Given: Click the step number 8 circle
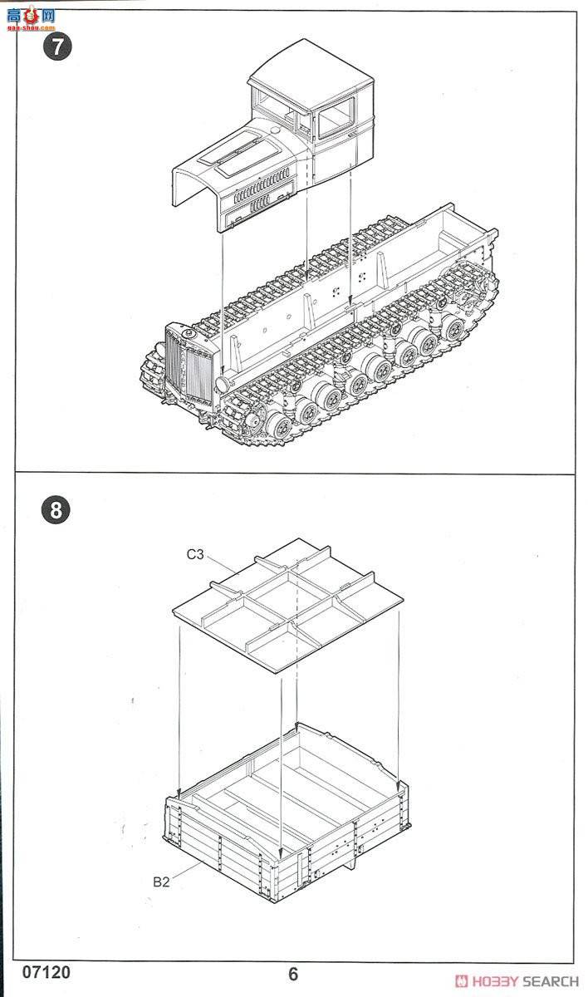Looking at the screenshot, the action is click(x=56, y=509).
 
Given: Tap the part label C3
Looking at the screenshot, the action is click(x=194, y=555).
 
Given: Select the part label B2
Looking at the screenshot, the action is click(x=161, y=882).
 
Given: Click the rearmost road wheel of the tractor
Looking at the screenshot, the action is click(x=453, y=328).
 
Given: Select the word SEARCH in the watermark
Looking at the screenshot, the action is click(x=551, y=980).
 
